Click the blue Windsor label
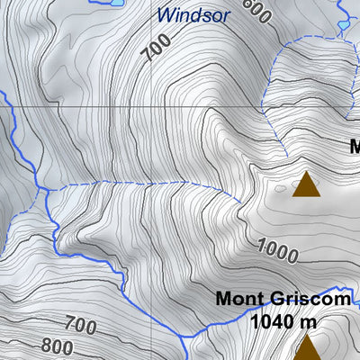[x=193, y=15]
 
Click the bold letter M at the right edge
[x=355, y=146]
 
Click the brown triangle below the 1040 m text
[x=307, y=347]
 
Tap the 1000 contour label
[x=277, y=249]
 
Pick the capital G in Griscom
[x=278, y=301]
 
